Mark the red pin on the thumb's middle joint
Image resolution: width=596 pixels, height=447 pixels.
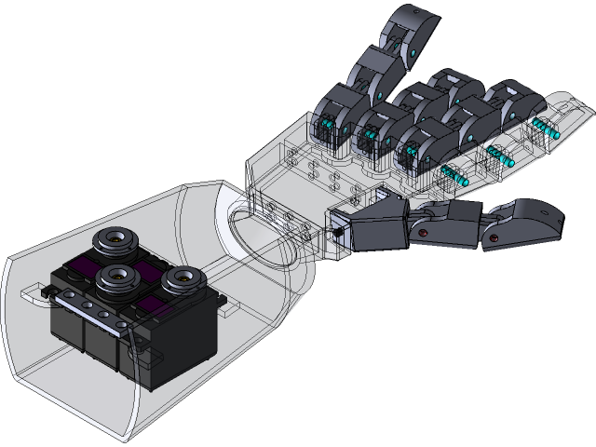[422, 231]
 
